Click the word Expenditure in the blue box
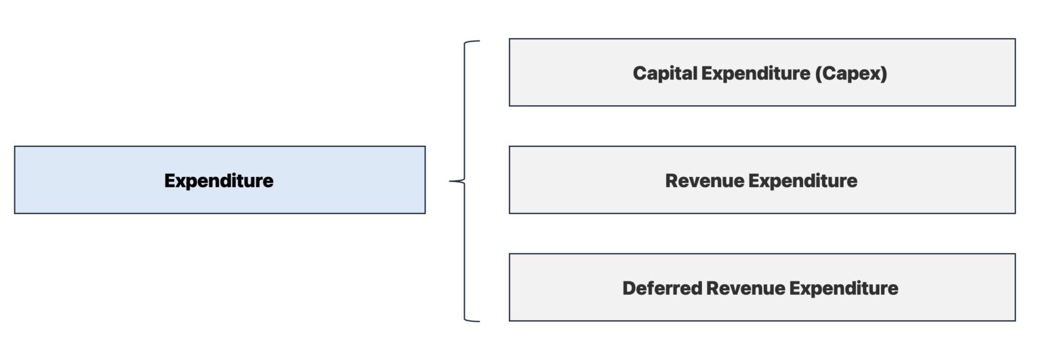(x=219, y=181)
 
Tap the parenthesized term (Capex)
(x=851, y=73)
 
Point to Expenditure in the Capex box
(x=756, y=73)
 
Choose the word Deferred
(x=661, y=288)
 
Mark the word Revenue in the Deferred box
(x=743, y=288)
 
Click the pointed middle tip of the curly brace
(x=451, y=181)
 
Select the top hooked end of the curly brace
(x=476, y=42)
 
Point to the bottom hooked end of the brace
(x=476, y=320)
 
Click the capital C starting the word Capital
(x=639, y=73)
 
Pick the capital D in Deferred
(x=629, y=288)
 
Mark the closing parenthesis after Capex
(x=883, y=73)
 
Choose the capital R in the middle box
(x=672, y=181)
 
